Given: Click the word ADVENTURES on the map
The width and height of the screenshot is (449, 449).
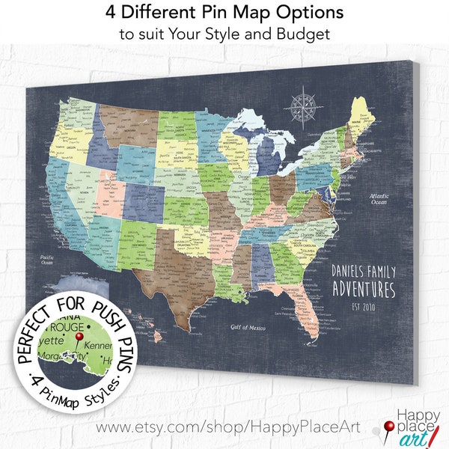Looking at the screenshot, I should (363, 288).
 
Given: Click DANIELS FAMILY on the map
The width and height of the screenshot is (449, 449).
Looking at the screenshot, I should (364, 270).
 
